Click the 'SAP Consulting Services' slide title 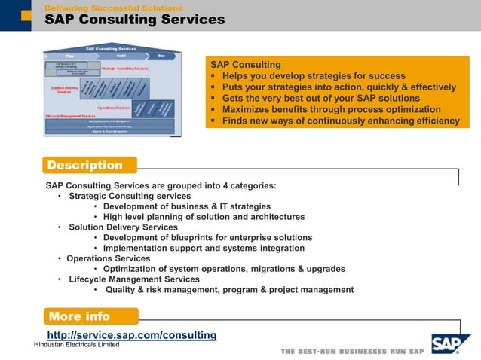click(x=134, y=20)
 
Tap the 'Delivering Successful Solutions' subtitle click(x=113, y=8)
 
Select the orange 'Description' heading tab click(x=84, y=165)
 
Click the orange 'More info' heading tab click(x=79, y=316)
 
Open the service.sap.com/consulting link click(x=132, y=335)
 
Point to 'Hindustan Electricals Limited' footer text click(x=77, y=345)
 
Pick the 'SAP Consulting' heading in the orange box click(x=245, y=65)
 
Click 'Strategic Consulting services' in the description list click(x=130, y=196)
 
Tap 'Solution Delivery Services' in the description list click(x=123, y=227)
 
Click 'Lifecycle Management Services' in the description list click(x=134, y=279)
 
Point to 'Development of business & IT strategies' click(x=186, y=206)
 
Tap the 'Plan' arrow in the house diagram click(x=69, y=56)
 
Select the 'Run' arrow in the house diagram click(x=161, y=56)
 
